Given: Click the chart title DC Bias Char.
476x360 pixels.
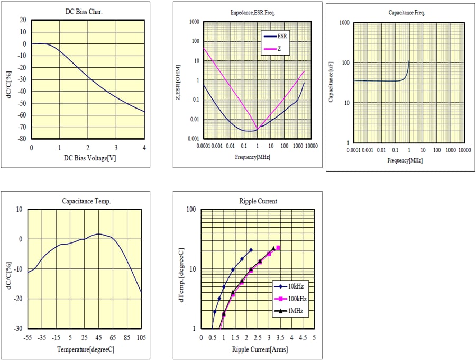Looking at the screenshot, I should click(x=87, y=11).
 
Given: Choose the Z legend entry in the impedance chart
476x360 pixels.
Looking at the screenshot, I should click(x=280, y=49).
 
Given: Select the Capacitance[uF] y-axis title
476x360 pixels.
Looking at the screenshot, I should click(x=331, y=83).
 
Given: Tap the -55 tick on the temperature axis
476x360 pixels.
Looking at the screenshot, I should click(x=28, y=337).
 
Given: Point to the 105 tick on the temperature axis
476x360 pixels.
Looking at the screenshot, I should click(x=141, y=337).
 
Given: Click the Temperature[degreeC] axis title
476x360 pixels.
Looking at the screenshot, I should click(x=85, y=349).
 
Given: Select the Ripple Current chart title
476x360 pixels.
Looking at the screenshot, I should click(x=258, y=201).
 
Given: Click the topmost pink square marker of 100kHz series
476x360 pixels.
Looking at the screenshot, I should click(x=278, y=248).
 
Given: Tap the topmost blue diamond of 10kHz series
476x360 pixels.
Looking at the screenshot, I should click(x=251, y=250).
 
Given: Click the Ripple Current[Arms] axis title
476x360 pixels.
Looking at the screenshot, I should click(x=260, y=349).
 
